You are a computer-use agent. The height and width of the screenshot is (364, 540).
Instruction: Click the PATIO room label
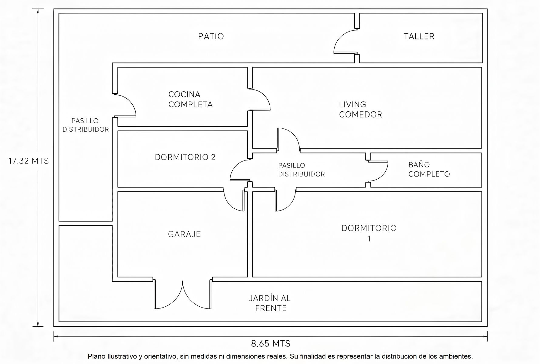pos(211,36)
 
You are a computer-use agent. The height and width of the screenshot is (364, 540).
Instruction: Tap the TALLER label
pos(419,36)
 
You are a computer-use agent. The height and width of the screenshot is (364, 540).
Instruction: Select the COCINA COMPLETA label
pos(191,99)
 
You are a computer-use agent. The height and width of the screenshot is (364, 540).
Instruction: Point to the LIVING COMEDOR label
pos(360,110)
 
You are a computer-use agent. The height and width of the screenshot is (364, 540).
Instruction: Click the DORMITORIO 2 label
pos(185,157)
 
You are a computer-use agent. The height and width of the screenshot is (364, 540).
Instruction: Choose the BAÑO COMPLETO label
pos(429,170)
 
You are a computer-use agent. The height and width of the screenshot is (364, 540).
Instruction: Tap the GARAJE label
pos(184,234)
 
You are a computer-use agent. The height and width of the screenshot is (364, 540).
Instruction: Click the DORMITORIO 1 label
pos(369,233)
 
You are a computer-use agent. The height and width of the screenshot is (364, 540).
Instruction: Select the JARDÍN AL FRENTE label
pos(270,303)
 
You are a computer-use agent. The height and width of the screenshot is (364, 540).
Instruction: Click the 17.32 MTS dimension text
pos(29,161)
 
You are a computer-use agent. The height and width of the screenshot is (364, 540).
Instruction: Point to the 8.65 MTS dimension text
pos(271,344)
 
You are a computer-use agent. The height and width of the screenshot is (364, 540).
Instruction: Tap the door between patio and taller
pos(346,41)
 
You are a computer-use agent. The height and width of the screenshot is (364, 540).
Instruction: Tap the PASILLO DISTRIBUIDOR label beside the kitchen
pos(86,125)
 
